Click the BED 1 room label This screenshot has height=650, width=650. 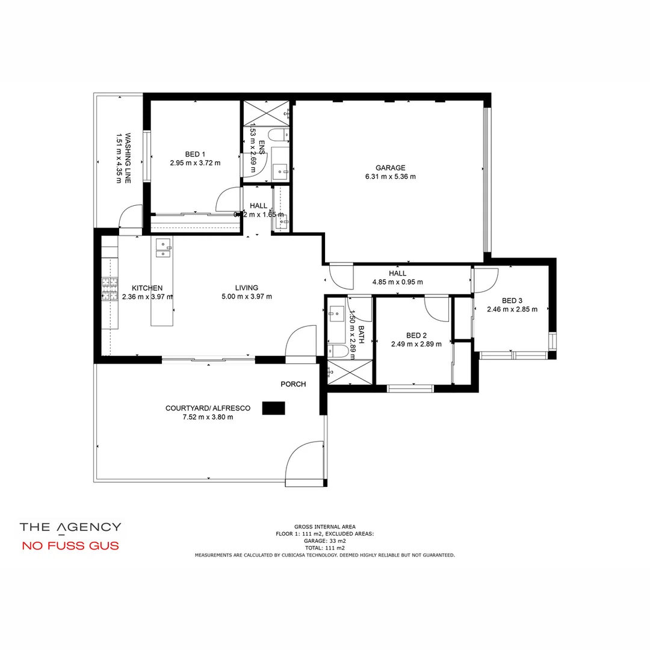coord(195,155)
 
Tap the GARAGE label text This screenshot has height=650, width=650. coord(390,168)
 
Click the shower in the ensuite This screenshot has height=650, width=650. coord(265,113)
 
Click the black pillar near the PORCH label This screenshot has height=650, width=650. coord(274,408)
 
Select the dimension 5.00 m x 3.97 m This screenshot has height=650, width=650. coord(247,296)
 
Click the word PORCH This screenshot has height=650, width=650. coord(293,384)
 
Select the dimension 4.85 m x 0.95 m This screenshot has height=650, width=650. coord(397,282)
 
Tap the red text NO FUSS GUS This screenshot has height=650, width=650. coord(70,546)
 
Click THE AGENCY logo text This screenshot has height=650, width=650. coord(70,527)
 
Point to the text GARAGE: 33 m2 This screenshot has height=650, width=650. coord(324,541)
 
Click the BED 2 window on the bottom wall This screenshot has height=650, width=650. coord(410,388)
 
